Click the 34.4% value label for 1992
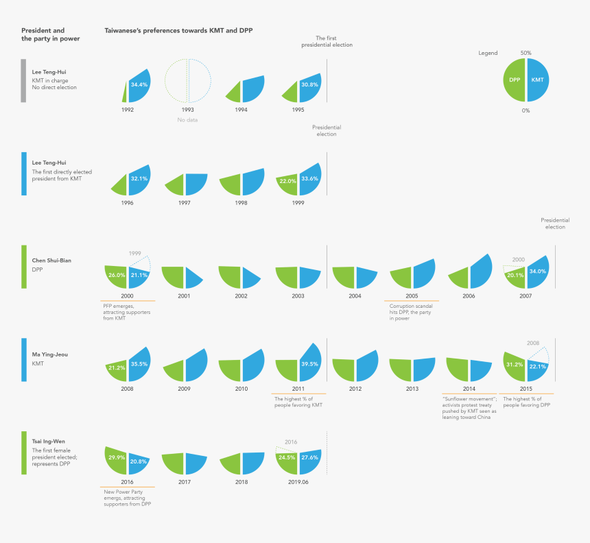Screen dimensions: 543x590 pyautogui.click(x=139, y=84)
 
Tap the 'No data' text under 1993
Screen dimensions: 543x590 pyautogui.click(x=187, y=121)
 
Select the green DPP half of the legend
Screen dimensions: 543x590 pyautogui.click(x=515, y=80)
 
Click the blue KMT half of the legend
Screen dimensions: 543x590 pyautogui.click(x=538, y=80)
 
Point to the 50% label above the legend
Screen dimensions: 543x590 pyautogui.click(x=526, y=53)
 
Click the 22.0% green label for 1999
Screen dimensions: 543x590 pyautogui.click(x=287, y=181)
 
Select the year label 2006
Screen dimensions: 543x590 pyautogui.click(x=470, y=295)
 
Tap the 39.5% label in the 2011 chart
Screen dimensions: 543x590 pyautogui.click(x=310, y=365)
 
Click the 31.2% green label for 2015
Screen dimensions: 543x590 pyautogui.click(x=514, y=364)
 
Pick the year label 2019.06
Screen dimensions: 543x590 pyautogui.click(x=299, y=483)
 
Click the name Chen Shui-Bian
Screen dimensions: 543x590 pyautogui.click(x=51, y=261)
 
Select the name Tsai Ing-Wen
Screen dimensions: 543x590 pyautogui.click(x=49, y=442)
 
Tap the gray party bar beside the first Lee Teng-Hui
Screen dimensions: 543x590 pyautogui.click(x=23, y=81)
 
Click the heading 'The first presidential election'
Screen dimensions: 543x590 pyautogui.click(x=327, y=41)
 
